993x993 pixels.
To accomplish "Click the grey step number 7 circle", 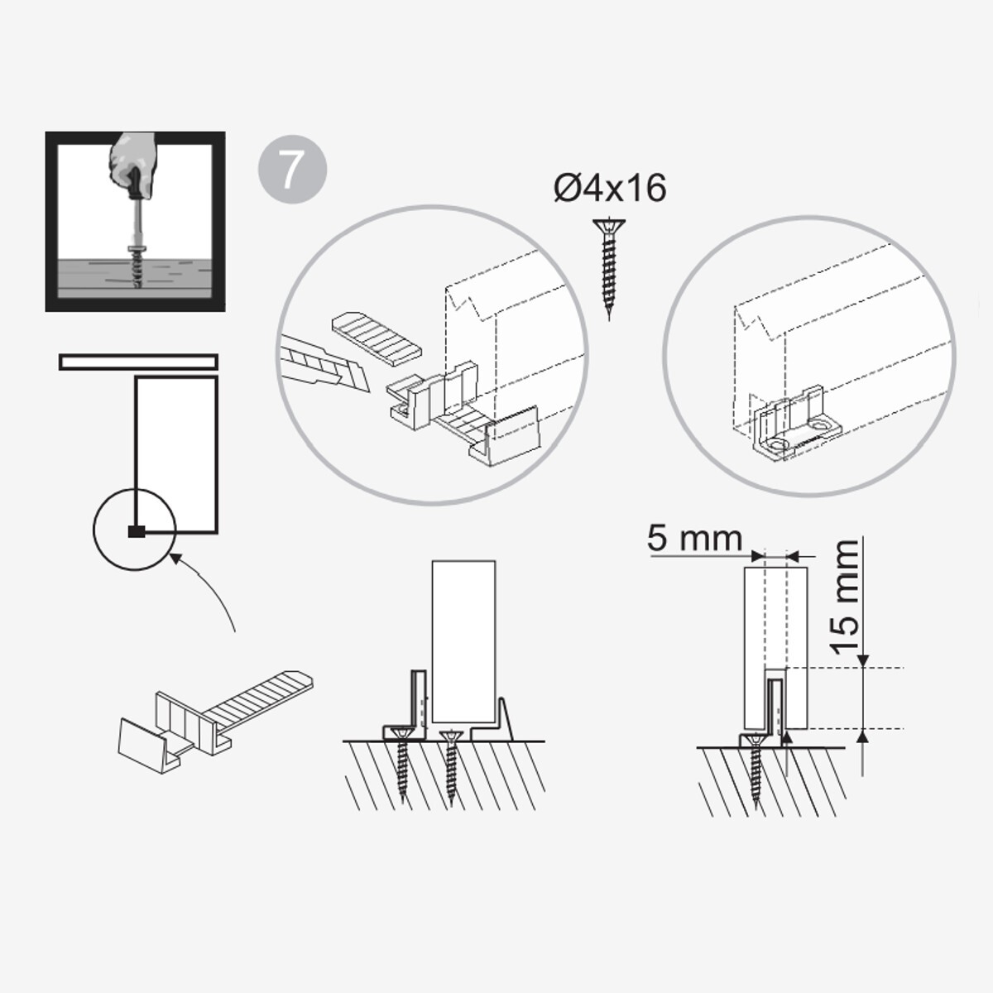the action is (x=292, y=169).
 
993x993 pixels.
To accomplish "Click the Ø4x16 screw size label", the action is (x=610, y=188).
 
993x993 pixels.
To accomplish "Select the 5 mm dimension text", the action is (x=694, y=539).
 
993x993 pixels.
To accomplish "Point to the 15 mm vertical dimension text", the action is (x=847, y=597).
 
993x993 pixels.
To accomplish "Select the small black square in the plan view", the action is (x=136, y=532).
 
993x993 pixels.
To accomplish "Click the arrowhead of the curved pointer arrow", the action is (x=176, y=558).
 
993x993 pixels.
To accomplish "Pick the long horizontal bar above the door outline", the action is (x=138, y=362).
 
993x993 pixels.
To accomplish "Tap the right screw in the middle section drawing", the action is (x=452, y=768).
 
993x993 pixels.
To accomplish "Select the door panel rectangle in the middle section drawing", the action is (x=463, y=641).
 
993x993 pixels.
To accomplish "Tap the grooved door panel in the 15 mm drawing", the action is (x=775, y=648).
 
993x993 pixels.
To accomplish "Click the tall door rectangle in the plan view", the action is (x=176, y=454).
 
